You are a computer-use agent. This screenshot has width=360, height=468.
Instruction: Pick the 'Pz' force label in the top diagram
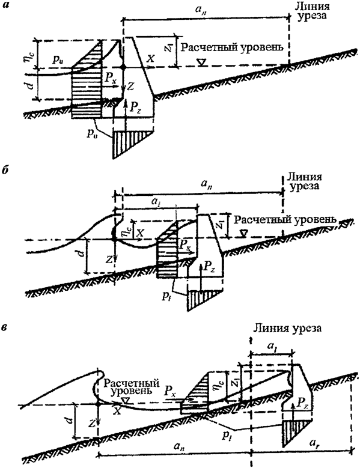point(138,107)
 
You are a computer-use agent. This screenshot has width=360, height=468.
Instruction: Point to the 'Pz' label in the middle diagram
point(208,263)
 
